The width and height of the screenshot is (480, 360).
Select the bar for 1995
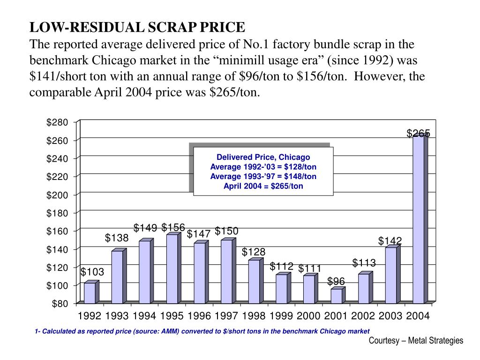click(172, 268)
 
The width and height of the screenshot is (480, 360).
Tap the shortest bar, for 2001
click(336, 296)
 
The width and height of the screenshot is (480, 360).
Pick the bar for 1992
click(90, 292)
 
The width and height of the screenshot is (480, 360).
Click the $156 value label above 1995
click(173, 228)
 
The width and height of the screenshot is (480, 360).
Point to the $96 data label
click(336, 281)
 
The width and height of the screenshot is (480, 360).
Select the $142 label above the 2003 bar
click(390, 241)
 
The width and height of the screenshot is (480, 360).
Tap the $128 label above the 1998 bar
click(254, 252)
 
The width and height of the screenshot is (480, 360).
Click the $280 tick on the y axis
click(57, 122)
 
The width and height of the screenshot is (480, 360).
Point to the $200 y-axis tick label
click(57, 195)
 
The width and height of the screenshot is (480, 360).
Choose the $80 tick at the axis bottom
click(60, 304)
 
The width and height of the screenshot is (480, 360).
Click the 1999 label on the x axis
click(281, 316)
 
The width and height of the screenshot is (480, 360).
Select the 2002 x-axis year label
click(363, 316)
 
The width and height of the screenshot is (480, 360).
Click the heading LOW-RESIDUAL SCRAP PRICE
click(137, 27)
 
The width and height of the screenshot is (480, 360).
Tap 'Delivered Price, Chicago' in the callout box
click(263, 157)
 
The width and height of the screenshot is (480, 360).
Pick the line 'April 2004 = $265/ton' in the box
click(263, 186)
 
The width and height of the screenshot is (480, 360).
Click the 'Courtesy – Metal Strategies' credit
click(416, 341)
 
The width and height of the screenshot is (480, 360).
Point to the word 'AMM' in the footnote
click(171, 331)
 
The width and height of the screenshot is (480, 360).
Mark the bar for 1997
click(226, 271)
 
